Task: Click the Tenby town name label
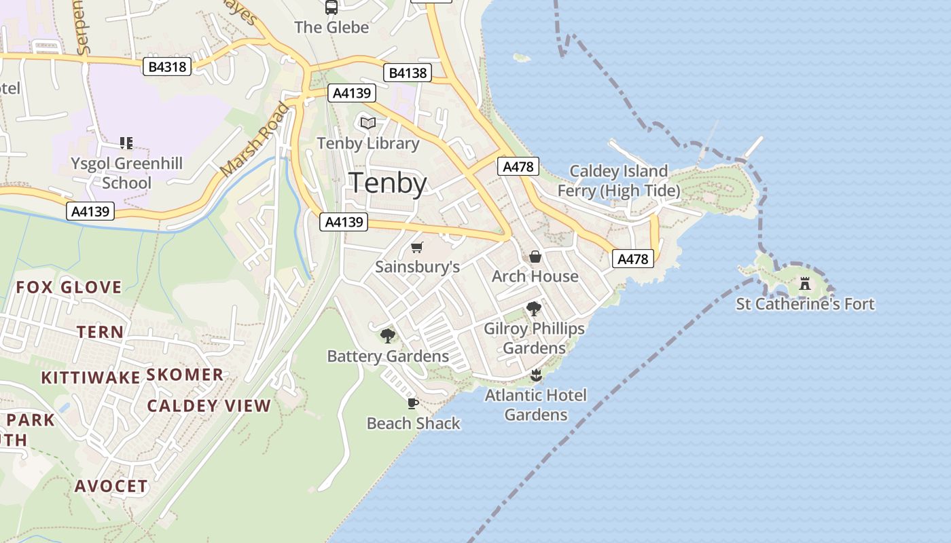[x=388, y=183]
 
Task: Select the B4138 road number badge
[x=408, y=73]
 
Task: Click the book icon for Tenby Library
[x=368, y=124]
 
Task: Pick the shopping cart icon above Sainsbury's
[x=417, y=248]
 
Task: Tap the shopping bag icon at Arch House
[x=535, y=257]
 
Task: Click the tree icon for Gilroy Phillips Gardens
[x=534, y=309]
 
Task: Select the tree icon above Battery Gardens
[x=388, y=335]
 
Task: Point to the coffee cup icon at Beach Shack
[x=412, y=404]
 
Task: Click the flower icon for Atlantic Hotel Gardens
[x=536, y=375]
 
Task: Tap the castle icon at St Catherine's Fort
[x=805, y=283]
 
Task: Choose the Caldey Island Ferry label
[x=618, y=181]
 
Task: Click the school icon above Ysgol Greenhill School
[x=126, y=143]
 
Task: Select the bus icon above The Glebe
[x=331, y=7]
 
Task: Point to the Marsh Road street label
[x=255, y=140]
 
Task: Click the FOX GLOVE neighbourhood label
[x=69, y=287]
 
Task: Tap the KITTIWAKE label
[x=90, y=377]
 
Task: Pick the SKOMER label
[x=185, y=375]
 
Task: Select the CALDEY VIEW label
[x=209, y=406]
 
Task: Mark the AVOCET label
[x=111, y=486]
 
